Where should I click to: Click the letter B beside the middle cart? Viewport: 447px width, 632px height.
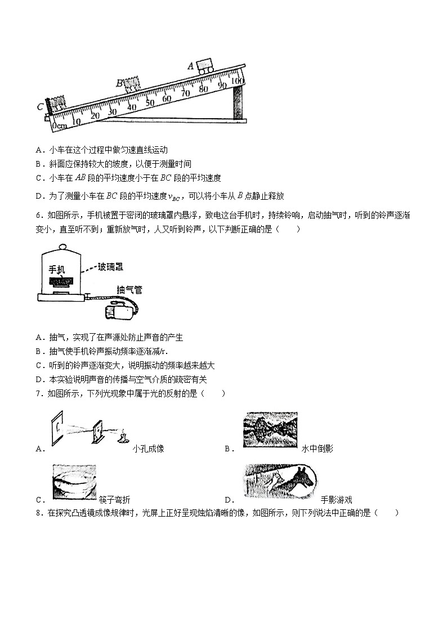[119, 83]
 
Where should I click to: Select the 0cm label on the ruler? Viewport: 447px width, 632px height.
[59, 126]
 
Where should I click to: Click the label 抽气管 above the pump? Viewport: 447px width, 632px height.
[129, 290]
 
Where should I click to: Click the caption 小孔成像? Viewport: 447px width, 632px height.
[149, 449]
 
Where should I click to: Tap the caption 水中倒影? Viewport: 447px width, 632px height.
[318, 449]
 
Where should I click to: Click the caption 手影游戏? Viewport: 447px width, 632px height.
[337, 499]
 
